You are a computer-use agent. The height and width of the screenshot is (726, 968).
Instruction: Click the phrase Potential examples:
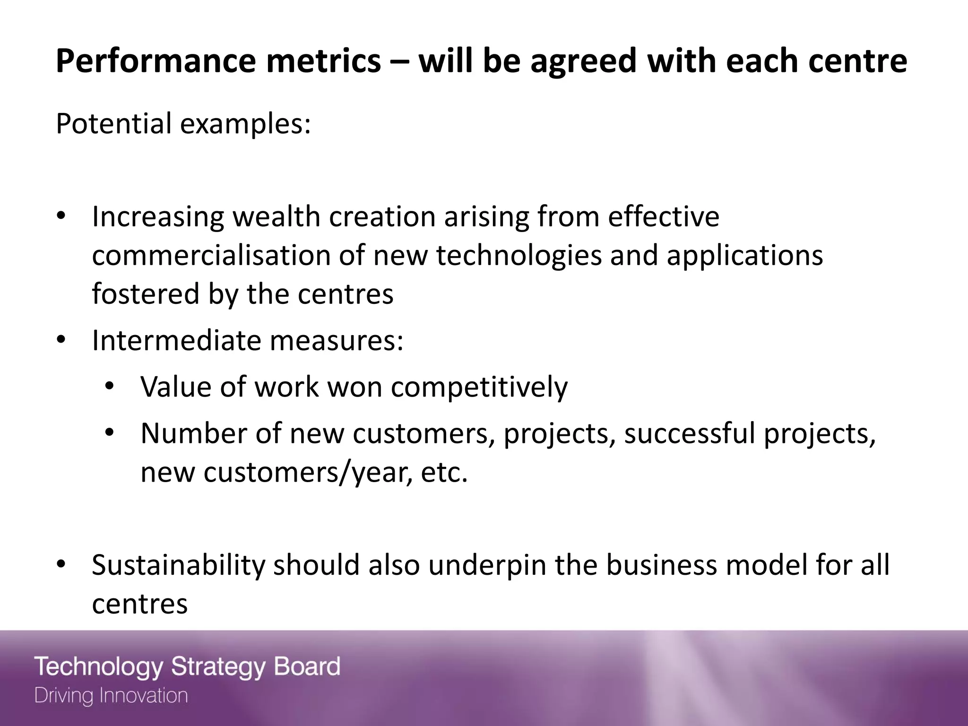click(x=183, y=124)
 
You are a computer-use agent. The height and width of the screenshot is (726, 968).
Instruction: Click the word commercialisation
click(x=211, y=255)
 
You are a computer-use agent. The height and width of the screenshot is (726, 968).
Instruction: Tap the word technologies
click(x=519, y=255)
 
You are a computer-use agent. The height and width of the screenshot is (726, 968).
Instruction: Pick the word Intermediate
click(x=176, y=340)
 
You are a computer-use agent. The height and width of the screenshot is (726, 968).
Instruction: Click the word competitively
click(x=479, y=387)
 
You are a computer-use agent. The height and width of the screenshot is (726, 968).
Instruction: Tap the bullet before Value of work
click(x=110, y=386)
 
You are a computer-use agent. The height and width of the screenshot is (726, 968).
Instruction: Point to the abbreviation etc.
click(x=444, y=472)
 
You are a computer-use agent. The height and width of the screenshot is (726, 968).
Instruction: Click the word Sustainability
click(x=178, y=565)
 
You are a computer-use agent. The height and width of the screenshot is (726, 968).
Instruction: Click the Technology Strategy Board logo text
click(x=187, y=667)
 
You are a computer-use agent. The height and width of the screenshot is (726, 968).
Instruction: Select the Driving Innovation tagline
click(x=111, y=696)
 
